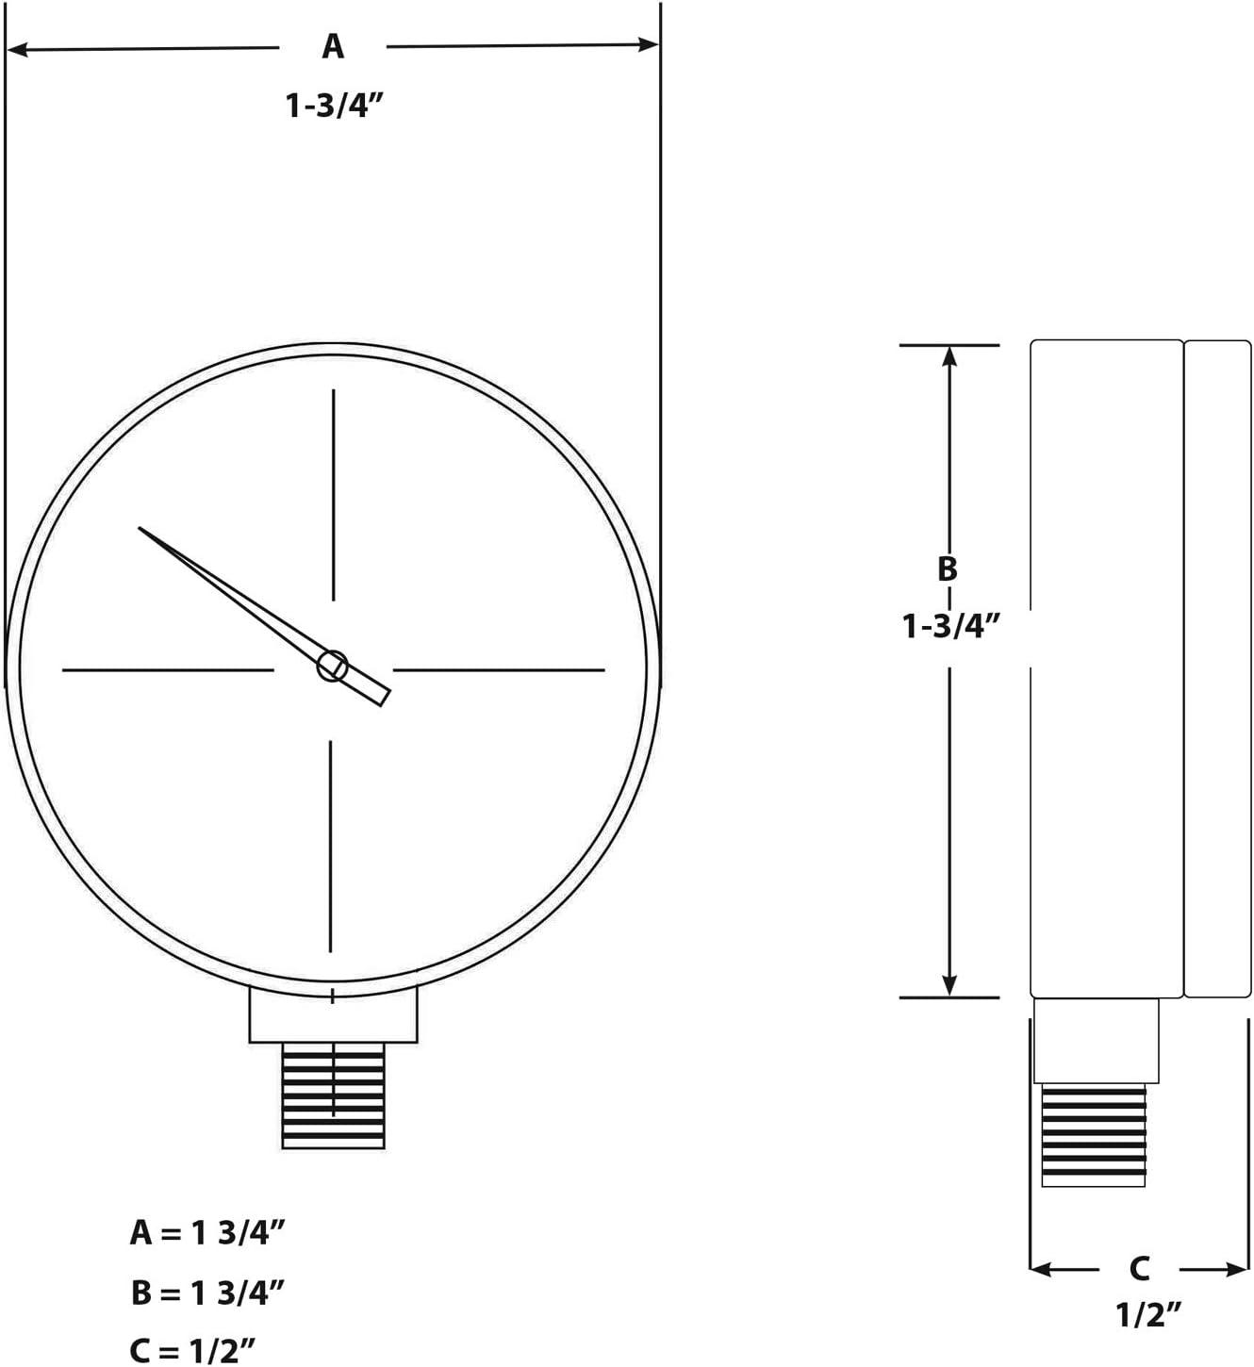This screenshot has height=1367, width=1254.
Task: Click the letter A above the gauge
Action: click(333, 46)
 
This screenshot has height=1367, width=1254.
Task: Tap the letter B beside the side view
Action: click(948, 568)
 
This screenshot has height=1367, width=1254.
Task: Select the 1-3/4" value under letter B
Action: click(950, 626)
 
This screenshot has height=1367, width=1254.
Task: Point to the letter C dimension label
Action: click(1139, 1269)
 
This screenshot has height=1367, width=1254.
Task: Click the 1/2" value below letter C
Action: click(1149, 1314)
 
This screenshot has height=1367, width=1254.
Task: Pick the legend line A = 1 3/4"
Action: click(207, 1232)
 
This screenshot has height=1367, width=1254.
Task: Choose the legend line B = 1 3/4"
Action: click(207, 1293)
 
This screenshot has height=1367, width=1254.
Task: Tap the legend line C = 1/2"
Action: click(192, 1351)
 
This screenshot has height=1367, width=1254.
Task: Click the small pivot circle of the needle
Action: click(331, 666)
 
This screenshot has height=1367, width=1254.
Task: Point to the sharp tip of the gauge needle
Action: click(141, 529)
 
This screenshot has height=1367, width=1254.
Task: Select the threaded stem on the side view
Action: click(1094, 1135)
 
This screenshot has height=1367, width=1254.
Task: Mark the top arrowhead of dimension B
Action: click(950, 355)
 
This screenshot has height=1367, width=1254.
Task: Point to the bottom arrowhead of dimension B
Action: click(950, 986)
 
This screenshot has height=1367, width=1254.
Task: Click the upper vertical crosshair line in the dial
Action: click(333, 494)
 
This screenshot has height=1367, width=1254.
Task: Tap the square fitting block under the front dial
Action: click(333, 1016)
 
